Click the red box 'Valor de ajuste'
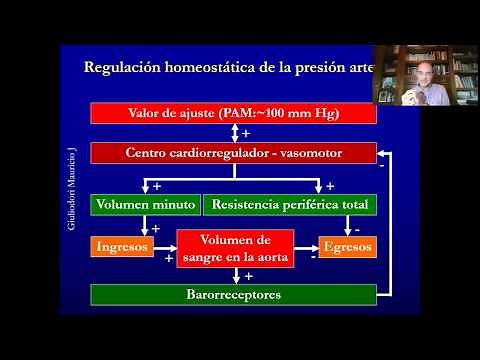233,113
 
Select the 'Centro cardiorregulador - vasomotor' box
233,154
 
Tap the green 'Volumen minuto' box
145,205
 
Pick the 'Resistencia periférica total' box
290,205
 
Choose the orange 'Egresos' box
348,244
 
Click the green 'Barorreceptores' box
233,295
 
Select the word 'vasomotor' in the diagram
305,154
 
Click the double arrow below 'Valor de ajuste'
233,133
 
